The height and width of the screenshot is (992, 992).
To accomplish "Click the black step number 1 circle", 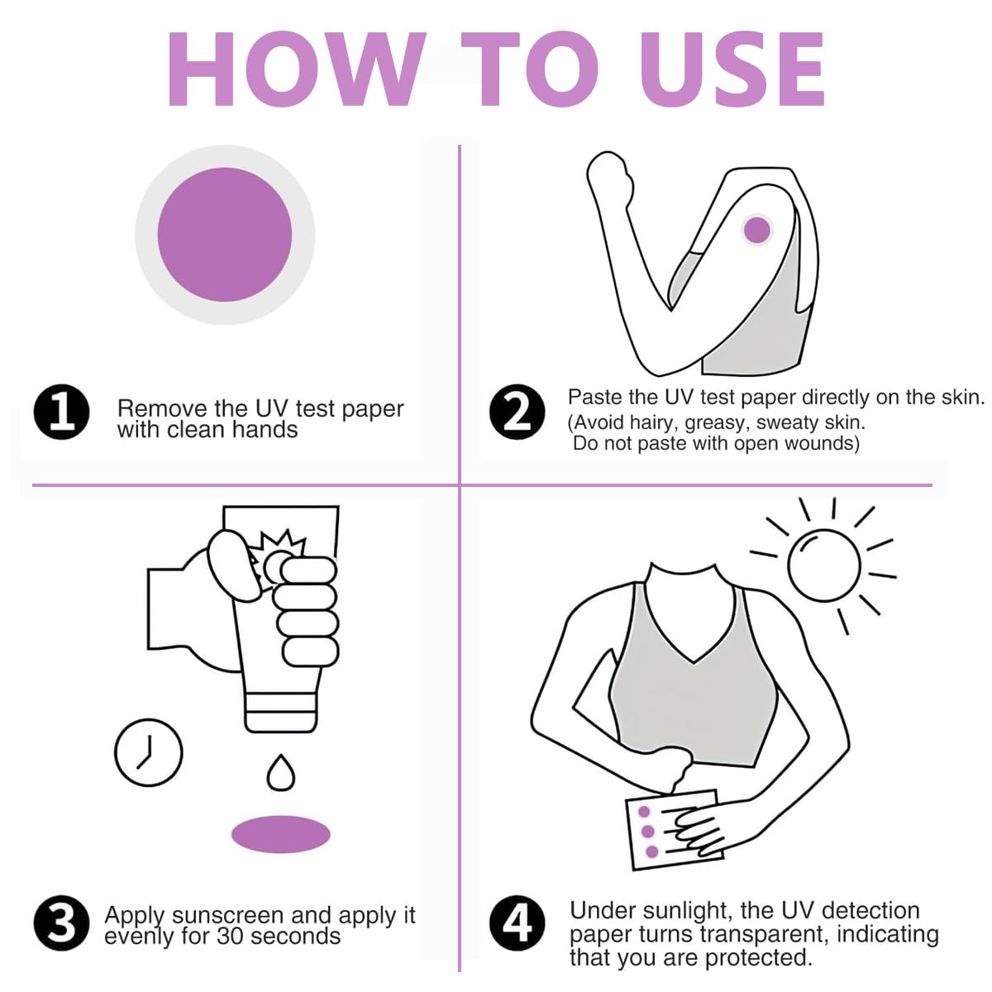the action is (61, 412).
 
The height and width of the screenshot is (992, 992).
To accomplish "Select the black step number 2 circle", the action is (517, 412).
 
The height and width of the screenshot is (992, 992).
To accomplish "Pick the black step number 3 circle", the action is (61, 923).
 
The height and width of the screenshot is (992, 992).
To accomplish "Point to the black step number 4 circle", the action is (517, 923).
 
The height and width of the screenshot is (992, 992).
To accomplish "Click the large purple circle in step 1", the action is (225, 235).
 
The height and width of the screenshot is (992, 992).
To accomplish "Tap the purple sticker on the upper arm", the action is (756, 230).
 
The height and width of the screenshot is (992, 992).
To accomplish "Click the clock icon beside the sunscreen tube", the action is (148, 752).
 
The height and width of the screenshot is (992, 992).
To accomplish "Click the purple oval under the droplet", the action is (280, 834).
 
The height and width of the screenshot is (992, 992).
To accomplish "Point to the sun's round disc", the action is (823, 565).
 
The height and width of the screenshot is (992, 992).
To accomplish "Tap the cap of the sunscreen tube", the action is (280, 712).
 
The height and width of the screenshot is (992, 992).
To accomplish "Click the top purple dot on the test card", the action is (644, 813).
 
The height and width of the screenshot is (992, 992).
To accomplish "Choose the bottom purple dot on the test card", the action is (651, 851).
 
